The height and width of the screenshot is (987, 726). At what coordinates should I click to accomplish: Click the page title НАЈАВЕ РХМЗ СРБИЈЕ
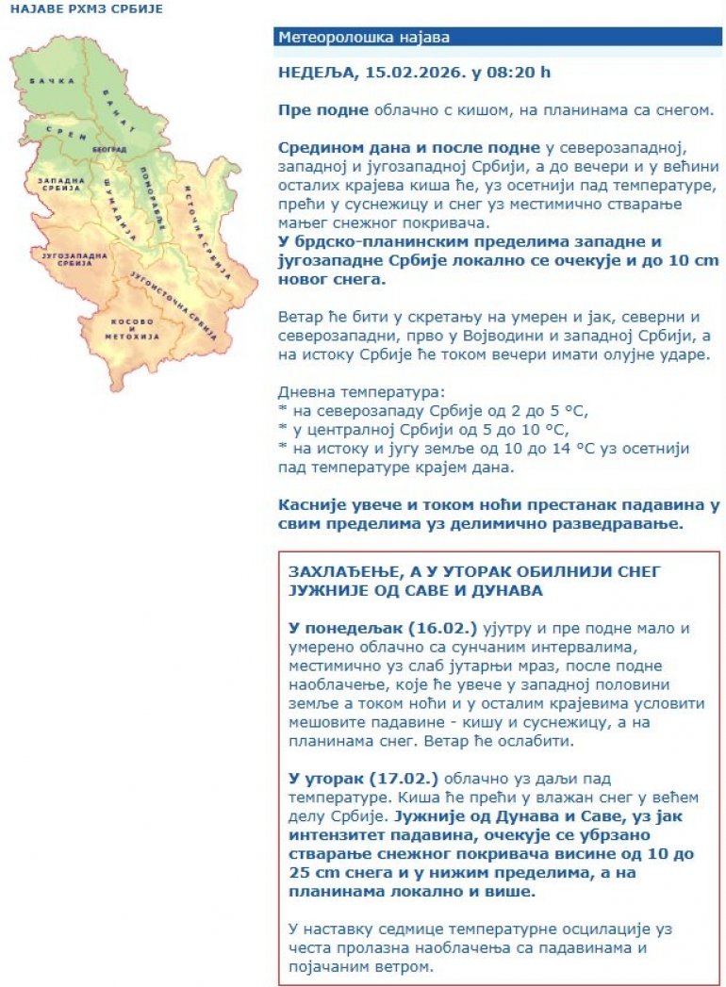click(86, 8)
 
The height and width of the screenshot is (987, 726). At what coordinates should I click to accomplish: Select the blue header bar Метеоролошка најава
click(499, 38)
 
